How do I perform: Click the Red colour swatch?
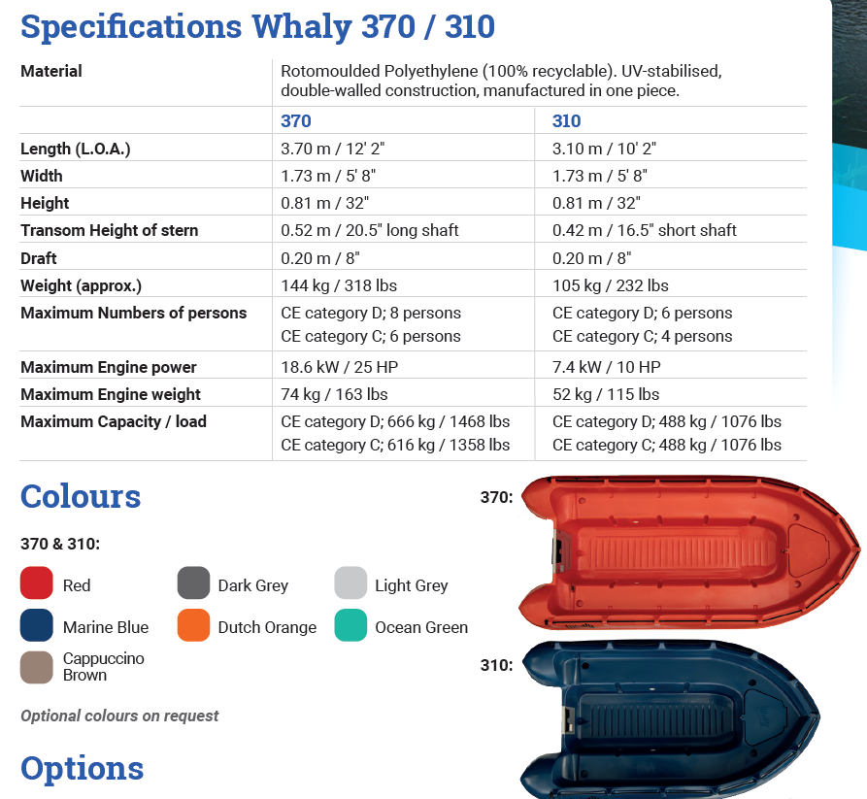pos(36,584)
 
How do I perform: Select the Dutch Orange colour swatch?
pos(193,626)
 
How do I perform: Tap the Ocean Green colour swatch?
pos(350,626)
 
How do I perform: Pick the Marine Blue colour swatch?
pos(36,626)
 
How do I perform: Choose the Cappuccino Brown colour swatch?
pos(36,667)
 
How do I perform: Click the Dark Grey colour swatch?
pos(193,584)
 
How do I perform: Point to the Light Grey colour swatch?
pos(350,584)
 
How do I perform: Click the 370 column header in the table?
pos(296,121)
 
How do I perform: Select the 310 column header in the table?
pos(567,121)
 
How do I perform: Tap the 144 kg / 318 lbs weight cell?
pos(339,285)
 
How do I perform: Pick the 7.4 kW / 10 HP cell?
pos(607,367)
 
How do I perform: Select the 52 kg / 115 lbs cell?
pos(606,394)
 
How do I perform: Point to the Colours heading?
pos(81,496)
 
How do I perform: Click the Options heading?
pos(83,768)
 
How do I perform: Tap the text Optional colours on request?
pos(119,716)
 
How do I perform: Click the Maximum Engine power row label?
pos(109,367)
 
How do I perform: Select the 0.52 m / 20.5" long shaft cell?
pos(370,230)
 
